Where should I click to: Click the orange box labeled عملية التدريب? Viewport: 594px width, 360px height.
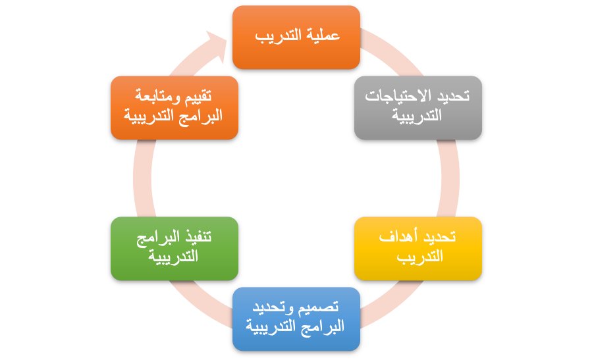pyautogui.click(x=296, y=37)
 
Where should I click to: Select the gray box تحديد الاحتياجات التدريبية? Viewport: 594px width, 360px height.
pyautogui.click(x=418, y=107)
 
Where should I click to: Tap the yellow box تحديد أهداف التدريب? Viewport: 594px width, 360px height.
pyautogui.click(x=418, y=248)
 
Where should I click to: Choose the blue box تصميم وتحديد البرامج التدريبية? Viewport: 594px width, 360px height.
pyautogui.click(x=296, y=319)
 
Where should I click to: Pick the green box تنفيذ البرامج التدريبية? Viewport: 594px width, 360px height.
pyautogui.click(x=174, y=248)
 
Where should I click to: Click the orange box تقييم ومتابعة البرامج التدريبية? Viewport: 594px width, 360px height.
pyautogui.click(x=174, y=107)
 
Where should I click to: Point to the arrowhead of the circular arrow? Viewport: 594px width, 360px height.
pyautogui.click(x=221, y=43)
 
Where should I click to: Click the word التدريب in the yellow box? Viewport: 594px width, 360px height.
pyautogui.click(x=419, y=257)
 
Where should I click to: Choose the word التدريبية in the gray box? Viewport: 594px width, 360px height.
pyautogui.click(x=418, y=117)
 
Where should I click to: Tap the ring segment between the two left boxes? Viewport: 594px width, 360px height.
pyautogui.click(x=142, y=178)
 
